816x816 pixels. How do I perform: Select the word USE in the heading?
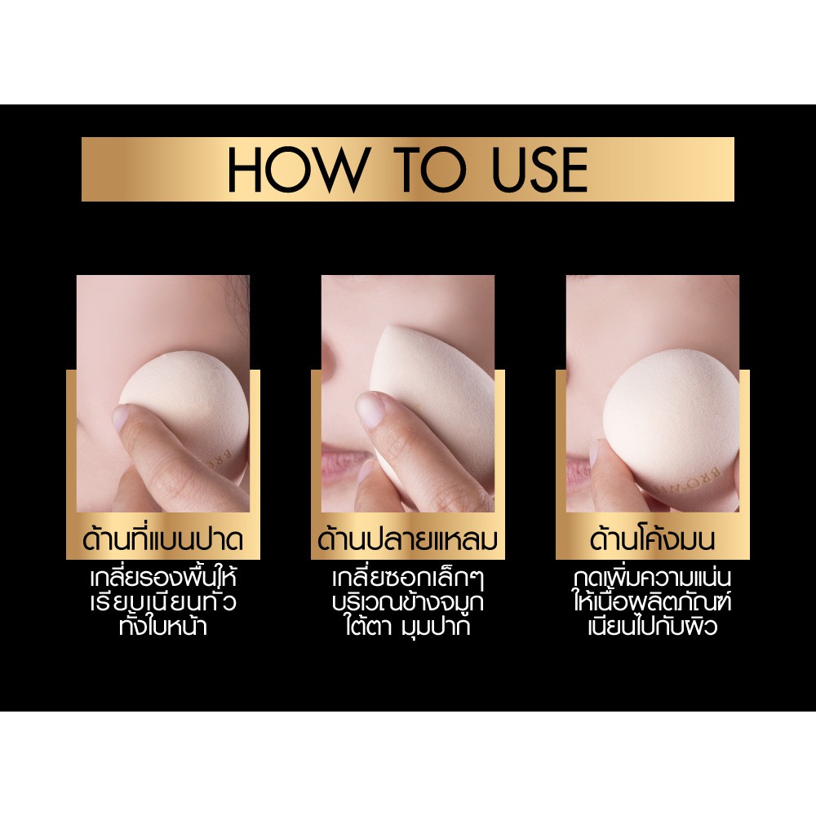tap(539, 169)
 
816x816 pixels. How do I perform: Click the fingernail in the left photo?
tap(121, 417)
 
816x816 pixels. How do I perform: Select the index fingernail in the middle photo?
tap(370, 409)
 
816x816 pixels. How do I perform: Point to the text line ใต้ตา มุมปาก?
tap(407, 626)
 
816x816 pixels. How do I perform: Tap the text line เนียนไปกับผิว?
tap(653, 625)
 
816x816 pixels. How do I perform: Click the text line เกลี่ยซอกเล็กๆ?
tap(408, 578)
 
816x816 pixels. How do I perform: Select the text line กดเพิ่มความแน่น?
tap(653, 578)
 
